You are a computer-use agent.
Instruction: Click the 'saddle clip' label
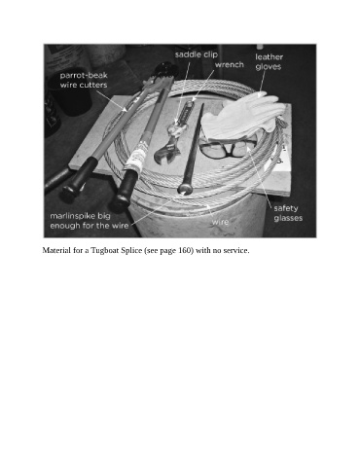pyautogui.click(x=197, y=54)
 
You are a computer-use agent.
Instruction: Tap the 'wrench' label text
pyautogui.click(x=230, y=64)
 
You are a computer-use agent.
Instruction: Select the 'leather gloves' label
pyautogui.click(x=269, y=61)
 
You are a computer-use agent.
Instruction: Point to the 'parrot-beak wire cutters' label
pyautogui.click(x=84, y=80)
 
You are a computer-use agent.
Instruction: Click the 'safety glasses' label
pyautogui.click(x=288, y=213)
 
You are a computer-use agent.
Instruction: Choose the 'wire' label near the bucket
pyautogui.click(x=220, y=222)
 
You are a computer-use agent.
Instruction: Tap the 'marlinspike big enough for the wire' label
pyautogui.click(x=90, y=221)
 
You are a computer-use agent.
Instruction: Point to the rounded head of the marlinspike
pyautogui.click(x=185, y=188)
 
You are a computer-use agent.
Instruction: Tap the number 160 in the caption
pyautogui.click(x=185, y=250)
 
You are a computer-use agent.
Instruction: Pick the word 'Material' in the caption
pyautogui.click(x=54, y=250)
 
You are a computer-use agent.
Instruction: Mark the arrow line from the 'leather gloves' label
pyautogui.click(x=262, y=82)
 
